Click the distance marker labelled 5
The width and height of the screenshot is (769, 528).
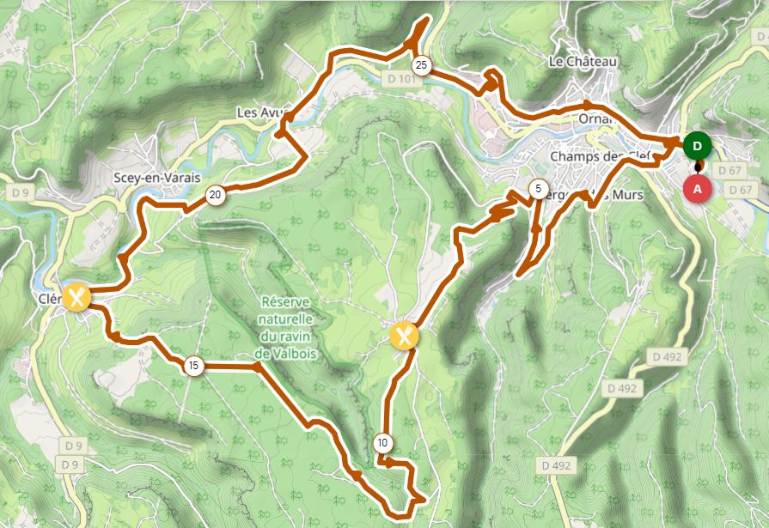click(x=537, y=188)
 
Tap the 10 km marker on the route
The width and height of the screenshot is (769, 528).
click(x=382, y=444)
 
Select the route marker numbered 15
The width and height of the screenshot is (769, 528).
click(x=193, y=367)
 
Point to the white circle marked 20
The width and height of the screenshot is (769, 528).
click(x=215, y=196)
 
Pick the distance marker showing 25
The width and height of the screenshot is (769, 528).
click(x=421, y=65)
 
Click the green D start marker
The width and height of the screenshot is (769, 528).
click(x=697, y=145)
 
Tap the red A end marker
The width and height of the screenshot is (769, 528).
click(x=697, y=188)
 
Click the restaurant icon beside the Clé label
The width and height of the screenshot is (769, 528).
click(x=76, y=298)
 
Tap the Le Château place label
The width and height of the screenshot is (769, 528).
click(x=583, y=62)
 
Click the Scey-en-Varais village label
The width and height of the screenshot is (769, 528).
click(x=156, y=178)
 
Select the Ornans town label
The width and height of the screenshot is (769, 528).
click(x=592, y=118)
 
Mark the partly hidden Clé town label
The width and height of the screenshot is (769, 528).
click(x=49, y=299)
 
